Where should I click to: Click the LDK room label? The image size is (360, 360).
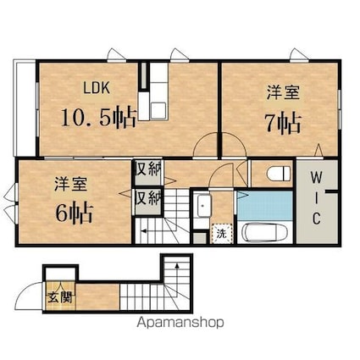click(x=97, y=88)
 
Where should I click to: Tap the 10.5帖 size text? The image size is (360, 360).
click(x=98, y=118)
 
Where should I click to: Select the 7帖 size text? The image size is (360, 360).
click(x=283, y=123)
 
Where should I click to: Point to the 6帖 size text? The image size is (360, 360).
click(x=75, y=213)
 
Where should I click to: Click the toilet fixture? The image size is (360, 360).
click(x=279, y=173)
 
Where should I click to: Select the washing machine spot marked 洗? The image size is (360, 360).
click(x=222, y=233)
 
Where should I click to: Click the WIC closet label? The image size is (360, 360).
click(x=316, y=198)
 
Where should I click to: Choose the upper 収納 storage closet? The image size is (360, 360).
click(x=148, y=172)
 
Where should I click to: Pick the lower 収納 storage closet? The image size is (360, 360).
click(x=148, y=201)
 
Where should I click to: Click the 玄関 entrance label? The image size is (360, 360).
click(x=61, y=297)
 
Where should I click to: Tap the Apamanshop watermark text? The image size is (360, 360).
click(x=180, y=323)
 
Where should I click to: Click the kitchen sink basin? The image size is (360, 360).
click(x=158, y=110)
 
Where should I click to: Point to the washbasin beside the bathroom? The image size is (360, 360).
click(x=203, y=206)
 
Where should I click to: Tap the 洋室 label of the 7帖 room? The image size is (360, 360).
click(x=283, y=92)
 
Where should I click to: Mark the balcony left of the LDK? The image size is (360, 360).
click(x=25, y=108)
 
